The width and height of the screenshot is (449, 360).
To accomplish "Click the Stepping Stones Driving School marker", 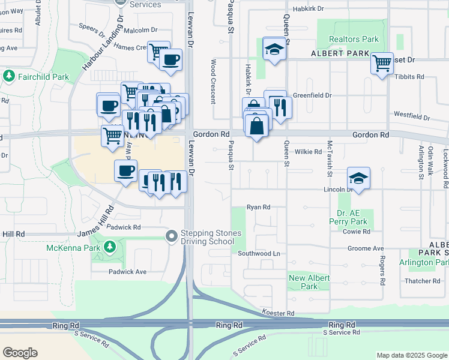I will pyautogui.click(x=172, y=237).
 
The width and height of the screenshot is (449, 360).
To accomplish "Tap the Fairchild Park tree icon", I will pyautogui.click(x=9, y=76).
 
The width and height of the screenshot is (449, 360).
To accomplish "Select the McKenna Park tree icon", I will pyautogui.click(x=110, y=247).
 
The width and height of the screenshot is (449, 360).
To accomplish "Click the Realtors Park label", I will pyautogui.click(x=354, y=40).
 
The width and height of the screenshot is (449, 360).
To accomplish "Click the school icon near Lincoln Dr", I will pyautogui.click(x=358, y=178).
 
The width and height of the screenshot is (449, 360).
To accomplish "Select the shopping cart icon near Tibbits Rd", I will pyautogui.click(x=382, y=62).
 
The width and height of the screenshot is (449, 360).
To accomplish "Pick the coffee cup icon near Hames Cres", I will pyautogui.click(x=171, y=60).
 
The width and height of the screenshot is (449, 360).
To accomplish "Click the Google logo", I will pyautogui.click(x=20, y=352).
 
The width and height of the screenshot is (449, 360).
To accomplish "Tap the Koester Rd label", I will pyautogui.click(x=278, y=313).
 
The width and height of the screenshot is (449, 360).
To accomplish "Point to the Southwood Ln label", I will pyautogui.click(x=259, y=253).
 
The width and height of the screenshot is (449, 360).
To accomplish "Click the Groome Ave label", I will pyautogui.click(x=370, y=248).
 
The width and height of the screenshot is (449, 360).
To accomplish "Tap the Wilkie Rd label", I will pyautogui.click(x=309, y=152).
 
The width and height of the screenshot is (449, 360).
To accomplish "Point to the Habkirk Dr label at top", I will pyautogui.click(x=308, y=9).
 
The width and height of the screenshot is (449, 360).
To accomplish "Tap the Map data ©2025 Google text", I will pyautogui.click(x=411, y=355).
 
